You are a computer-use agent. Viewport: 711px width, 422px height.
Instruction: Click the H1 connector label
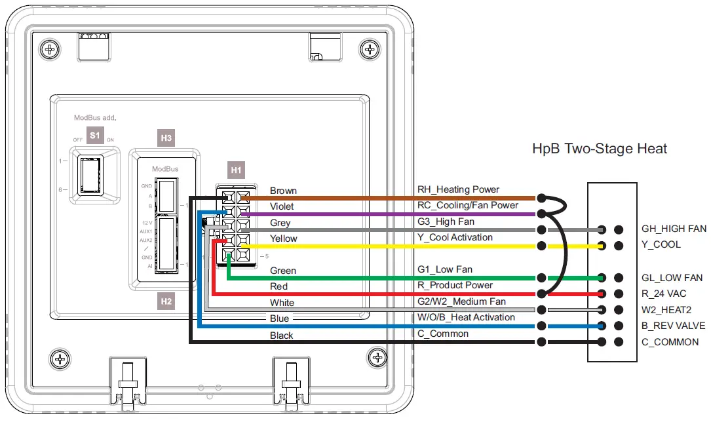236,170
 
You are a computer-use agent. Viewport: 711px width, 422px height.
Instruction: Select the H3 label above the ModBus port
166,138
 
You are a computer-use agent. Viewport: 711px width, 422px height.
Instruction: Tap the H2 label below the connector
166,301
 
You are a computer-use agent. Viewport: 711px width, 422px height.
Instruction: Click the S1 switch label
95,136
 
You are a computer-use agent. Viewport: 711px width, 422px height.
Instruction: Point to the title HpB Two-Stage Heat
600,149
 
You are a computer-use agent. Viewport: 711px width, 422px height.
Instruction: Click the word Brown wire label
283,191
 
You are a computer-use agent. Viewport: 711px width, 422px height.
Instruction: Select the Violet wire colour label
282,206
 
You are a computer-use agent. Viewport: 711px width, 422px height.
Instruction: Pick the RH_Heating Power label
458,189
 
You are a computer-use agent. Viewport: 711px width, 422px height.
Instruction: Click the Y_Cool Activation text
455,237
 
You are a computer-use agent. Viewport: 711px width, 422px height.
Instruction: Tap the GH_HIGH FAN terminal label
674,229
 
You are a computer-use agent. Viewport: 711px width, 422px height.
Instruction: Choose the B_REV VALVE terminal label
674,326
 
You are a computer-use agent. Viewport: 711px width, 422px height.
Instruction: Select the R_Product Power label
455,285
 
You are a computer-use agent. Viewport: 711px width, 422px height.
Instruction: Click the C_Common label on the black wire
443,334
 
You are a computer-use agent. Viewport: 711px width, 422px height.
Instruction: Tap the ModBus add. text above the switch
94,118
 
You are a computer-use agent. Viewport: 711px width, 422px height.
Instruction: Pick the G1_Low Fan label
445,269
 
